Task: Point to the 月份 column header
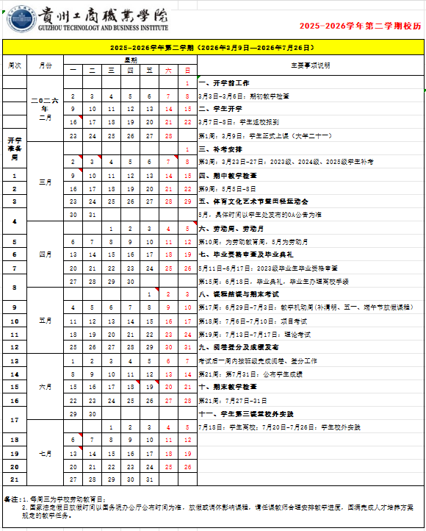tap(46, 65)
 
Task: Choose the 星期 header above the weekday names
tap(130, 60)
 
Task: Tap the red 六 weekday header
tap(168, 71)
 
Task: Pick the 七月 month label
tap(46, 453)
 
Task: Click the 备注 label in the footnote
tap(12, 499)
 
